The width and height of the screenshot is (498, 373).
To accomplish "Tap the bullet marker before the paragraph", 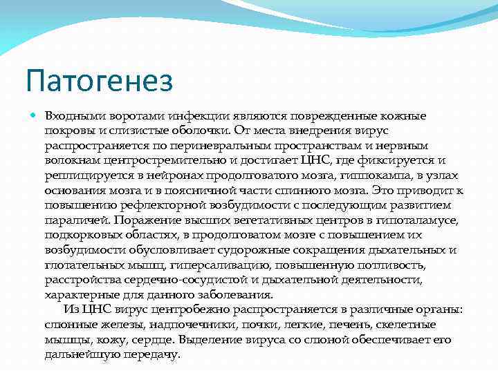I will (x=33, y=115).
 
